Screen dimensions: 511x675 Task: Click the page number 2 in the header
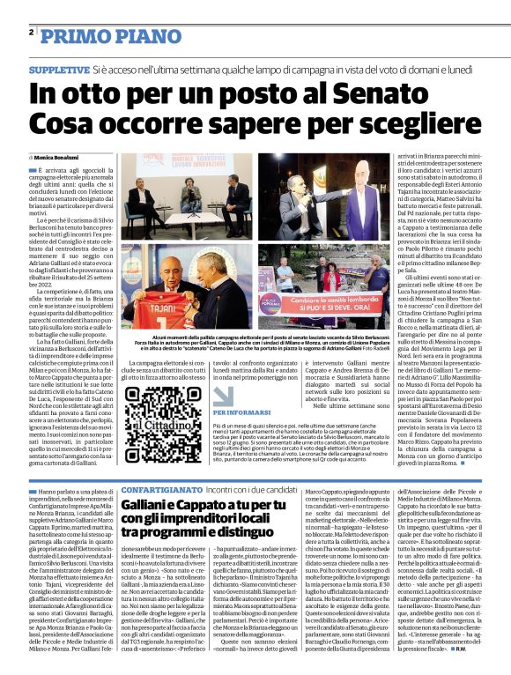(x=31, y=33)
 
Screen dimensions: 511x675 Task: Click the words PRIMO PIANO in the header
(x=91, y=34)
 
